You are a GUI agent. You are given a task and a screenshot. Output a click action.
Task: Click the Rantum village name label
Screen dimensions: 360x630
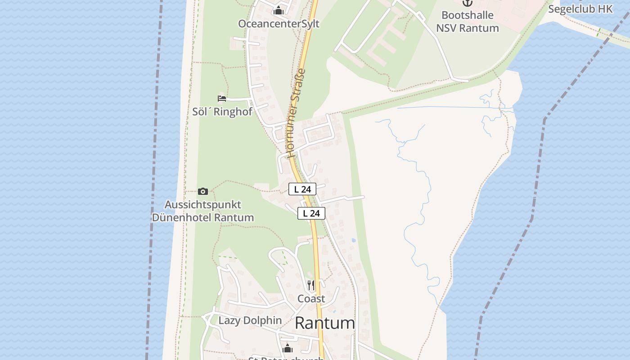(x=324, y=323)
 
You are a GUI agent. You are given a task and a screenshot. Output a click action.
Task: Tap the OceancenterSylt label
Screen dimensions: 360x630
(x=279, y=24)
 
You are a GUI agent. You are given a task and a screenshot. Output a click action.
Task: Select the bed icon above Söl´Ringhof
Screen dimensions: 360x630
(x=221, y=98)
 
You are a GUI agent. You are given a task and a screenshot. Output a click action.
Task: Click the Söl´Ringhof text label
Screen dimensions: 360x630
(x=222, y=112)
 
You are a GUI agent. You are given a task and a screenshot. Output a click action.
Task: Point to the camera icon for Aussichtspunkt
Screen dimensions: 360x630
(x=203, y=191)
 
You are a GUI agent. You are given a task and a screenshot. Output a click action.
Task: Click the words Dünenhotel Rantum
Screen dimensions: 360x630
(x=202, y=218)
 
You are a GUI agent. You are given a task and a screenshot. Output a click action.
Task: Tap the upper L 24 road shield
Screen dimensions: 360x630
(x=302, y=189)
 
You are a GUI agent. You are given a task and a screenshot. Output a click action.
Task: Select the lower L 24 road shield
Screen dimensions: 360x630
(x=311, y=213)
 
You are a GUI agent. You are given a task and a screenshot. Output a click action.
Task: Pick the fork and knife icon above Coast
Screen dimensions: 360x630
(x=311, y=285)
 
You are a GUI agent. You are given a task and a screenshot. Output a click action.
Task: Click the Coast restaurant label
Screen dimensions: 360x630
(x=311, y=299)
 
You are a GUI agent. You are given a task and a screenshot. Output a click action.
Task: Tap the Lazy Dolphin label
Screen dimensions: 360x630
(x=250, y=320)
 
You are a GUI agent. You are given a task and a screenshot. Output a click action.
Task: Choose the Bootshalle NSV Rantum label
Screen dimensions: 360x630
(x=468, y=22)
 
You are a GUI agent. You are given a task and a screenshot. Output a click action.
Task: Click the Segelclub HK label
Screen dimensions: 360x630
(x=580, y=9)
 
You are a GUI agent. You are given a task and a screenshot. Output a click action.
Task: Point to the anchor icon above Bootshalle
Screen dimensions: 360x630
(x=468, y=3)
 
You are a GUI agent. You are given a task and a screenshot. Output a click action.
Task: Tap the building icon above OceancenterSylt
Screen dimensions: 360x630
(x=279, y=10)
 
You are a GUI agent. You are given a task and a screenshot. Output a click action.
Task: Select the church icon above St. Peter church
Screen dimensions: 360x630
(x=287, y=348)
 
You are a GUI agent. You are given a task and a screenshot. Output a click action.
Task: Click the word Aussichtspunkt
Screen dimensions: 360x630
(x=203, y=205)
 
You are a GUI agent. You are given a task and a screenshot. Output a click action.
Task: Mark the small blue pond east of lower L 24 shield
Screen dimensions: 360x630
(x=353, y=240)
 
